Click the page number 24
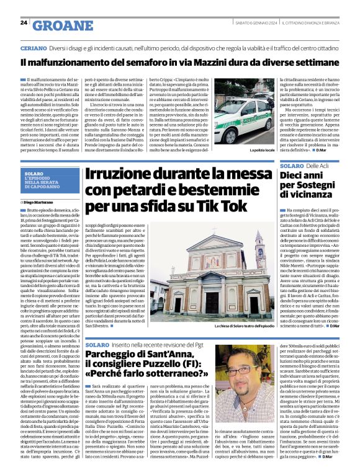(x=24, y=22)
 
